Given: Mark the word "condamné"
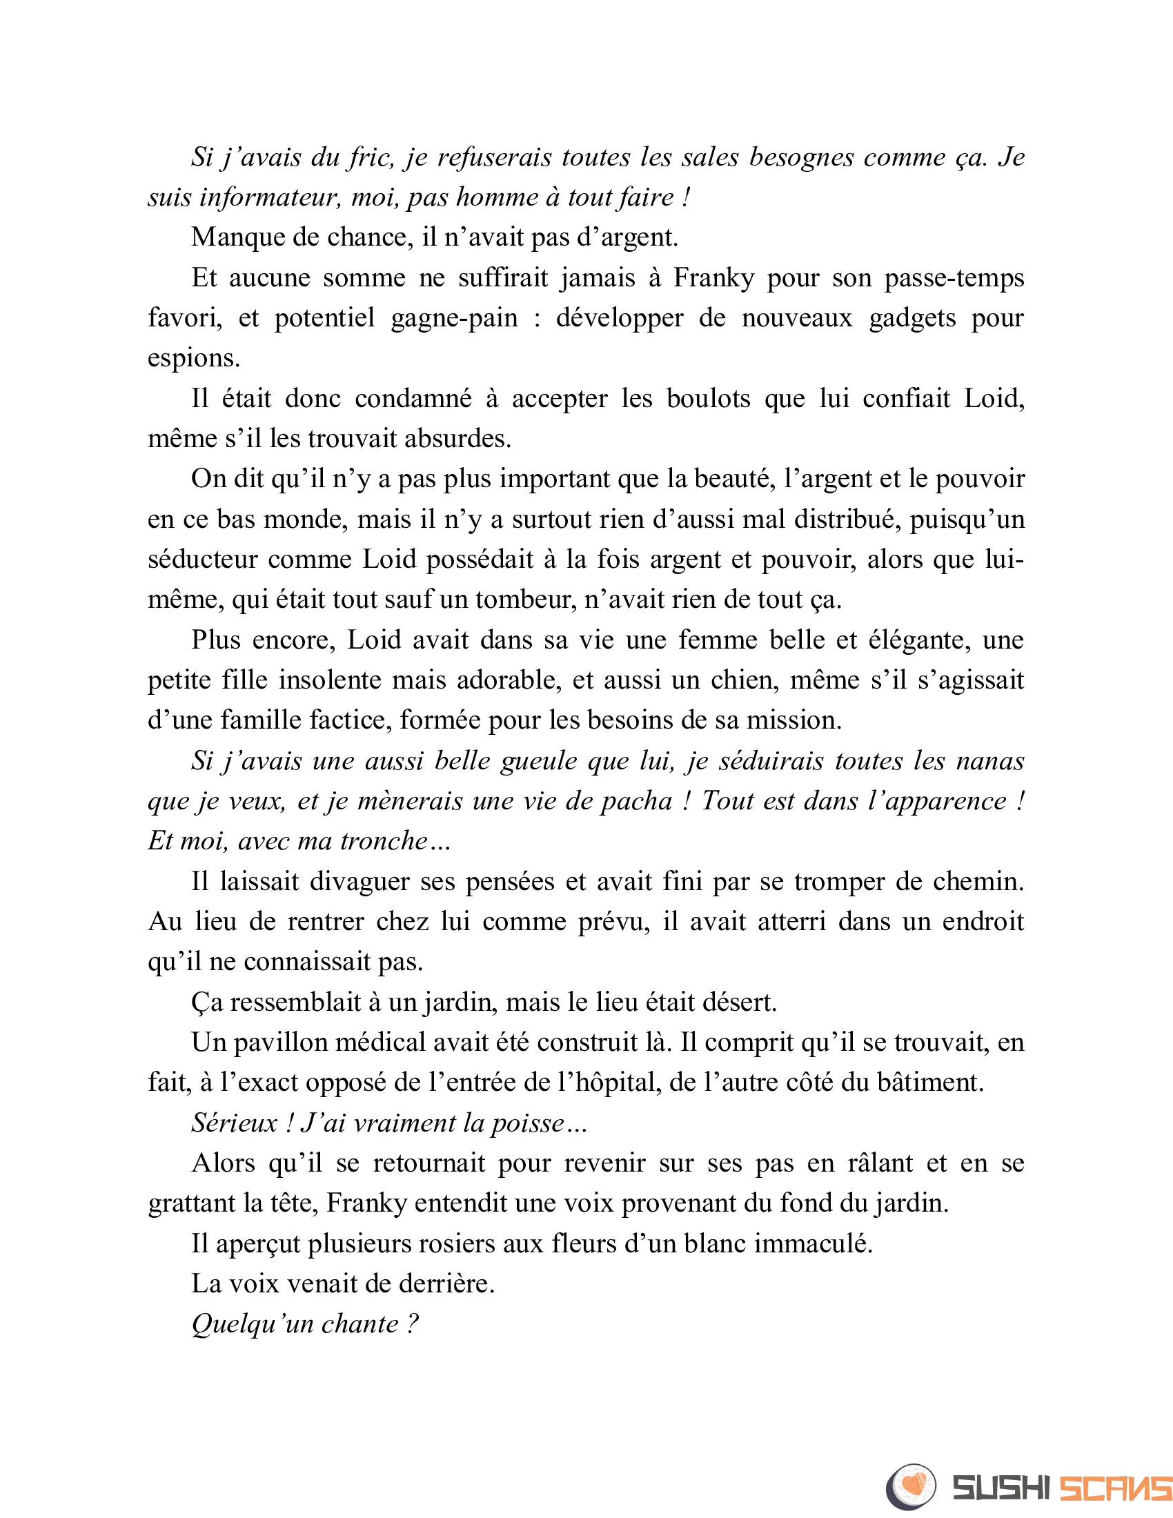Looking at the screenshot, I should tap(413, 399).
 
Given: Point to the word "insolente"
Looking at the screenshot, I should tap(328, 680).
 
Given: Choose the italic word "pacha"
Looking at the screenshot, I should tap(637, 801).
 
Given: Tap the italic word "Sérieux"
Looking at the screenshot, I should tap(234, 1123).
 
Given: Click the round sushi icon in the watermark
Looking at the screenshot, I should tap(911, 1486).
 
